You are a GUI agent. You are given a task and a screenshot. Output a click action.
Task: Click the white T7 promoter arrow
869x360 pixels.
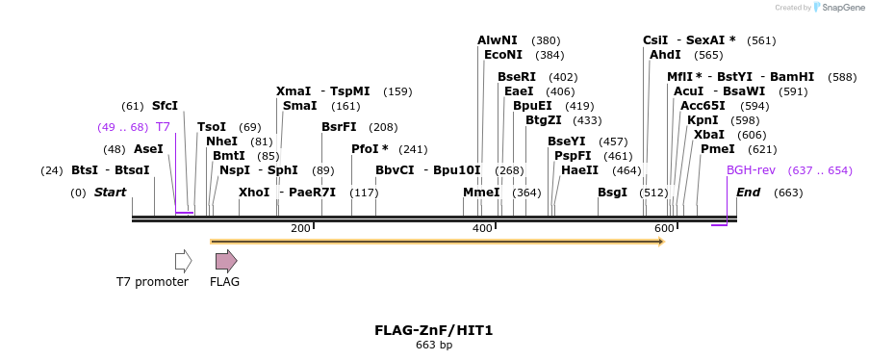183,261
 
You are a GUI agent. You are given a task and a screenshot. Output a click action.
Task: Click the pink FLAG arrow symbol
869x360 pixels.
225,261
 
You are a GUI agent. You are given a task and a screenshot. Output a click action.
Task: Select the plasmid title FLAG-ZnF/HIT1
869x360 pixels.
433,330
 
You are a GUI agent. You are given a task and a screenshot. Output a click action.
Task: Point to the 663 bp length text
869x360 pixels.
433,345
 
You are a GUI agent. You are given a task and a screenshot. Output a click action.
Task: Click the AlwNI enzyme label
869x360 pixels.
497,40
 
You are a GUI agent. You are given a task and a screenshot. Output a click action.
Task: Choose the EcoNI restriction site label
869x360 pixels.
503,55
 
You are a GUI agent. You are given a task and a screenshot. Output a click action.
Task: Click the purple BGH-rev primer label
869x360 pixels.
751,170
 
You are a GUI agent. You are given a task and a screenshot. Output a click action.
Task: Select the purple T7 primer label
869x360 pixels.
163,127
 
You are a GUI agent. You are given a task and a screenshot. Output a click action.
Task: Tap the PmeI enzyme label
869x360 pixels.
717,149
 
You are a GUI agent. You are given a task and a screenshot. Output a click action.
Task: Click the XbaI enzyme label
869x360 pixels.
709,135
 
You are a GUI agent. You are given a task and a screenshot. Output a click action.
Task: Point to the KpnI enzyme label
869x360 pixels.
703,120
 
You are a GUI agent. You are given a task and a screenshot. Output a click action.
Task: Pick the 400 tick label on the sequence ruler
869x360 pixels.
481,228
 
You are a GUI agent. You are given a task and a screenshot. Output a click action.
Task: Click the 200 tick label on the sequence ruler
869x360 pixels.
300,228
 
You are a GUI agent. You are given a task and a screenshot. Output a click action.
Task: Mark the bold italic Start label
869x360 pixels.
110,193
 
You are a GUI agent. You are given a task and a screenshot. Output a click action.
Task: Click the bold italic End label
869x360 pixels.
748,193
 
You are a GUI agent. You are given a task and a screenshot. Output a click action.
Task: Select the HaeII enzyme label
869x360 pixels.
579,170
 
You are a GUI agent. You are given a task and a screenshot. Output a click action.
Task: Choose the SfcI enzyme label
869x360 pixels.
165,106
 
